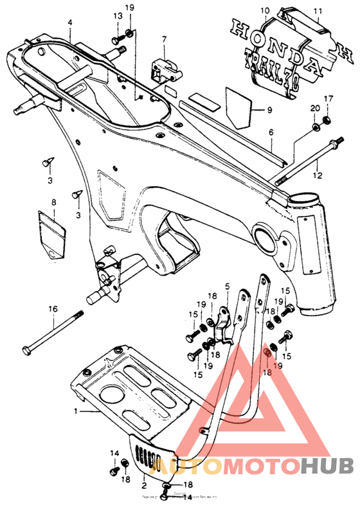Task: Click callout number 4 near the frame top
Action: click(x=70, y=22)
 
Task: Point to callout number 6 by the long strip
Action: click(x=271, y=132)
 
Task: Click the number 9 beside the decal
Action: click(x=270, y=109)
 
